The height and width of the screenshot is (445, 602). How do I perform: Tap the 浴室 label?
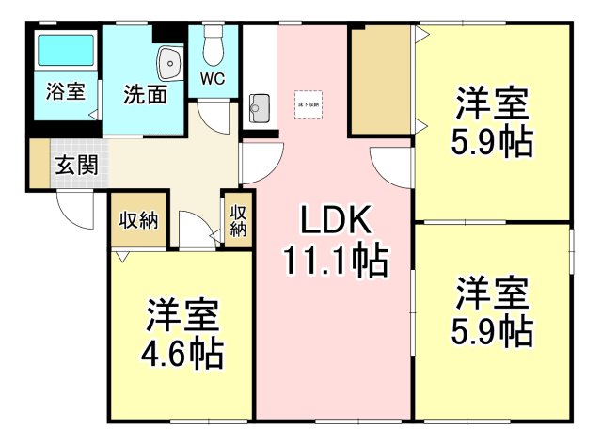[65, 92]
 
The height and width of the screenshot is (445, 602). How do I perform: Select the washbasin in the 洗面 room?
[170, 63]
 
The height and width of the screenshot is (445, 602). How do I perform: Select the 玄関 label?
[74, 165]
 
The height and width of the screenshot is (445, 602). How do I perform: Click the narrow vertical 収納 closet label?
[238, 220]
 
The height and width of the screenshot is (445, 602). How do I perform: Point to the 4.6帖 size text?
[183, 355]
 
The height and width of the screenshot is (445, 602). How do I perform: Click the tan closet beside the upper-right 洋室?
[380, 80]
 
